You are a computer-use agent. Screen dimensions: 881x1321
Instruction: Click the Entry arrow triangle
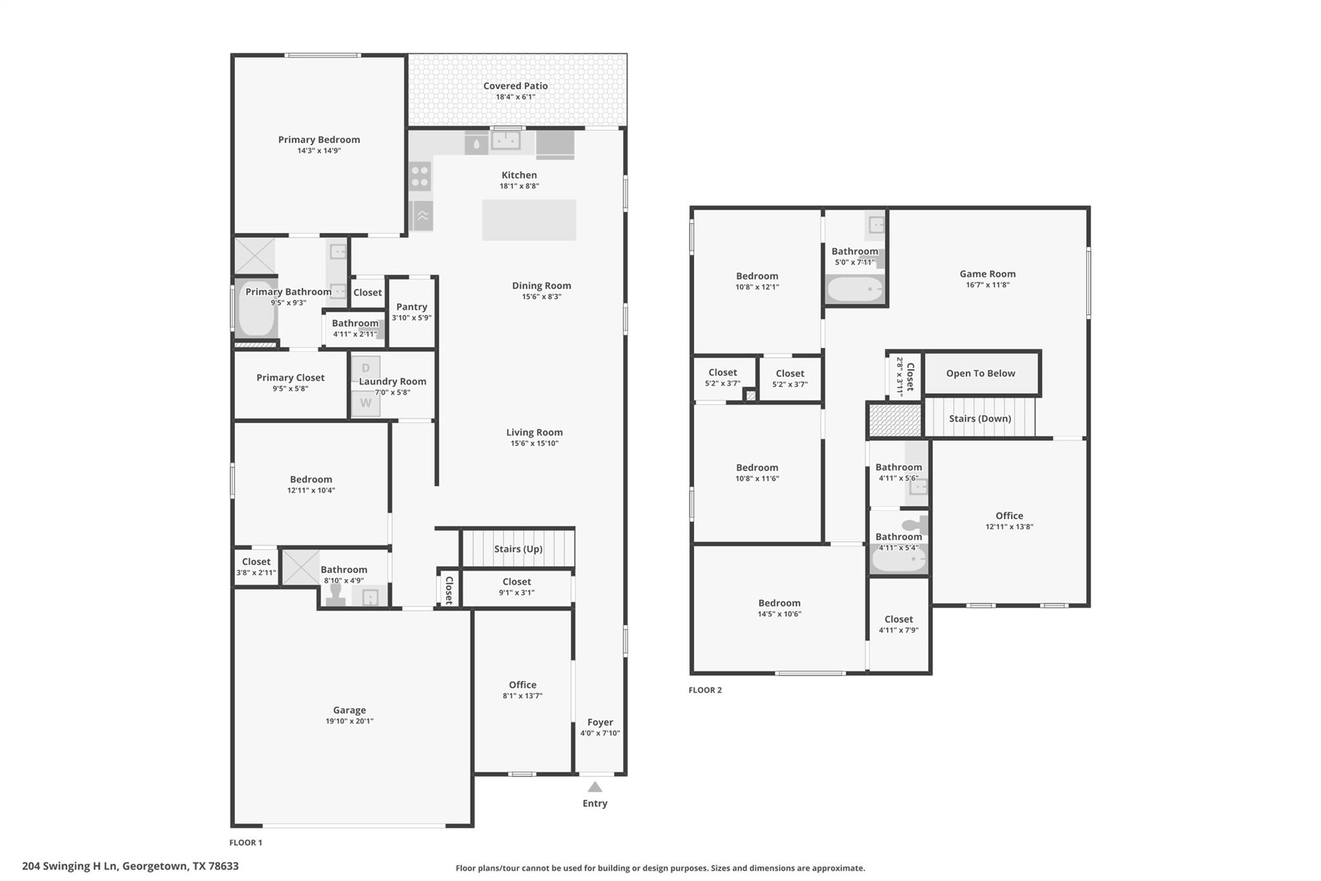(595, 787)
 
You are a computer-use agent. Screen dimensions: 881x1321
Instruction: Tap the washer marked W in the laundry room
(366, 403)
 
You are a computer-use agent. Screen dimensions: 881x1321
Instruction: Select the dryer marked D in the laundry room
(366, 368)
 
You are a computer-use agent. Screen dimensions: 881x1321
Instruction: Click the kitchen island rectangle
(529, 220)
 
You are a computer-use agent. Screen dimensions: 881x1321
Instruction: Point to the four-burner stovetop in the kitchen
(420, 176)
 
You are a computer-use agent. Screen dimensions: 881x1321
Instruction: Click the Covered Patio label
(515, 86)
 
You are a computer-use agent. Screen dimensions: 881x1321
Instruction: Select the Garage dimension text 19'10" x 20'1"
(349, 721)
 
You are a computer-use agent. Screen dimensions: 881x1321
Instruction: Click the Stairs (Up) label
(518, 549)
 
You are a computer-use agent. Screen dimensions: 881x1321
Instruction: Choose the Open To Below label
(980, 373)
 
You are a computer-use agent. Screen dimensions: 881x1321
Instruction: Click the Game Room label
(988, 274)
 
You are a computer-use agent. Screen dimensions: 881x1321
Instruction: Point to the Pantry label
(412, 307)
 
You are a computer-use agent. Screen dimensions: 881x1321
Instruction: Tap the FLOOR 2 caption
(705, 690)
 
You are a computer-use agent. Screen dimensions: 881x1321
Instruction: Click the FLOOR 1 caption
(246, 842)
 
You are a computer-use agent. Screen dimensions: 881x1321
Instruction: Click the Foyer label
(600, 722)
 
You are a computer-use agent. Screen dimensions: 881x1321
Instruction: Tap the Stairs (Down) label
(980, 418)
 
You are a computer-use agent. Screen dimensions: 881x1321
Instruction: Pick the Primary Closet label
(290, 378)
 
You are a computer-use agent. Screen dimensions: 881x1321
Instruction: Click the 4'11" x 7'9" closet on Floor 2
(899, 624)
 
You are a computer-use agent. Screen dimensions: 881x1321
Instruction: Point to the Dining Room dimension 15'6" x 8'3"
(541, 297)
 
